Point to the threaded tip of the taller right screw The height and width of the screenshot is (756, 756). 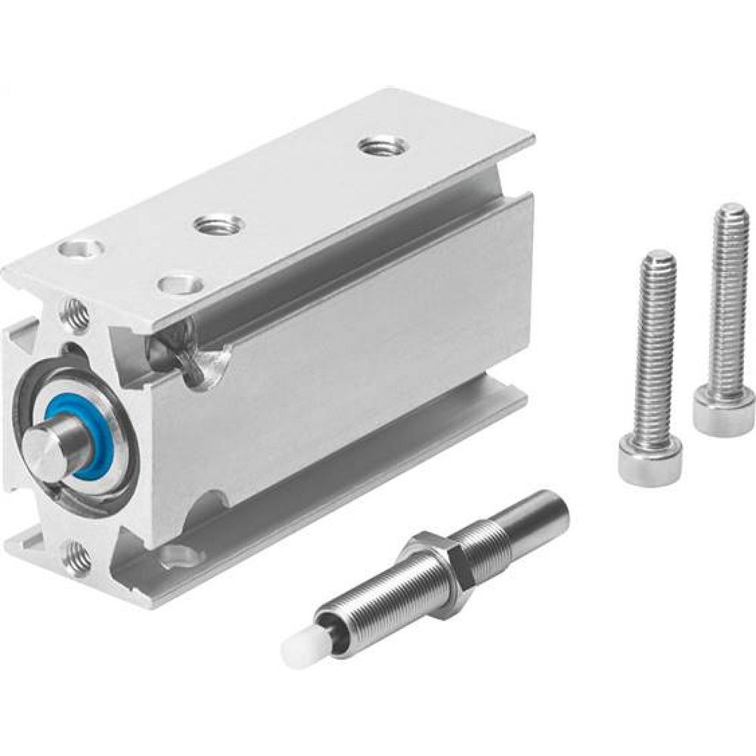pos(732,215)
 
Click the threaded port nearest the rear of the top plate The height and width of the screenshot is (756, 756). pos(380,145)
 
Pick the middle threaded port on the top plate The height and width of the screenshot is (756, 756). pos(218,225)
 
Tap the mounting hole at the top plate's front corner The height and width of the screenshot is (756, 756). pos(82,247)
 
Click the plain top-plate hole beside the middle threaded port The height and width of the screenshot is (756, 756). pos(181,284)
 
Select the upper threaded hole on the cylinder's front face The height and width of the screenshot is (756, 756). pos(76,314)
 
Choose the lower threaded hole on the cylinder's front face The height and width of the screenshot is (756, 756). pos(77,558)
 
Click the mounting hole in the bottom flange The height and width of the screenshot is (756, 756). pos(182,556)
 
